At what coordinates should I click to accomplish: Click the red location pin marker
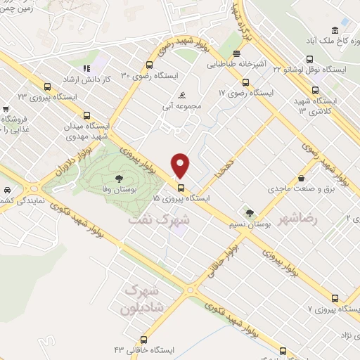coord(181,165)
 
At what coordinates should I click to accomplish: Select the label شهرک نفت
coord(159,219)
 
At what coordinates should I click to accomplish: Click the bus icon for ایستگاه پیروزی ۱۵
coord(181,188)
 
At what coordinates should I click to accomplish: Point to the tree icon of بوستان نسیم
coord(249,213)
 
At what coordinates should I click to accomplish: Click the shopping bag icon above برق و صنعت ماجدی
coord(300,177)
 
